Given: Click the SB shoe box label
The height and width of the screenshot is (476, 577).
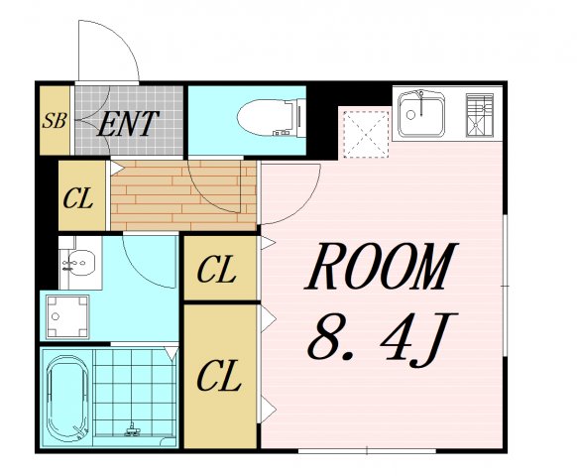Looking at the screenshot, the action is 55,120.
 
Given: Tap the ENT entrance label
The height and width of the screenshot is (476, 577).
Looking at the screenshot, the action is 128,124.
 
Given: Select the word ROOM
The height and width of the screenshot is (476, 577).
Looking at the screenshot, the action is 382,266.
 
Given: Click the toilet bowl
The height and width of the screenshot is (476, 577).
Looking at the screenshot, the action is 271,117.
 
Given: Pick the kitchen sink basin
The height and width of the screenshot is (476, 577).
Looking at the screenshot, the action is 421,113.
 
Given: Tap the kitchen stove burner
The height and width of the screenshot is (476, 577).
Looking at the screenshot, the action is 480,115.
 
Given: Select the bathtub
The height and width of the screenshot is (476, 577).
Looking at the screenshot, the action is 67,399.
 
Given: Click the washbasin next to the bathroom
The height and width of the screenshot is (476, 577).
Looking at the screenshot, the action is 80,263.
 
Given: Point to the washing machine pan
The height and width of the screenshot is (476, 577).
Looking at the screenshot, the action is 67,316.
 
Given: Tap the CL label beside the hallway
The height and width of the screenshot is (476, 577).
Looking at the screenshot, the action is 77,199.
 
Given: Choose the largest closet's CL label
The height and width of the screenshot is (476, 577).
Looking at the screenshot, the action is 219,376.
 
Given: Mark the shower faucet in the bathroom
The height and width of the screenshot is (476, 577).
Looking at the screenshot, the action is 132,430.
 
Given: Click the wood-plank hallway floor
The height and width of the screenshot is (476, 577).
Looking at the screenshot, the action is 183,195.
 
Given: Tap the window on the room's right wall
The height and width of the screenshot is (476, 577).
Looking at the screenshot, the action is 506,286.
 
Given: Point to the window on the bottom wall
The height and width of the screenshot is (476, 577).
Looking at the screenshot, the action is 367,450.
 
